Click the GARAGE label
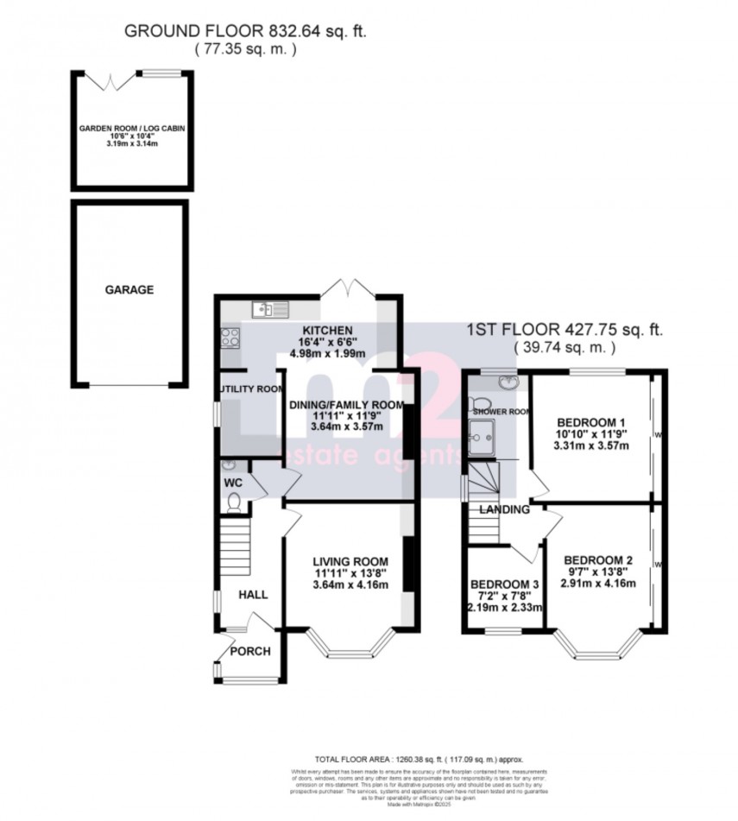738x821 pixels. coord(129,290)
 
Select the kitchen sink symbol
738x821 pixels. coord(263,309)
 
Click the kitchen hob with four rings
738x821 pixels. coord(230,338)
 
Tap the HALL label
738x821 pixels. coord(254,595)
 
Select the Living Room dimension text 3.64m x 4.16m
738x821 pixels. coord(350,585)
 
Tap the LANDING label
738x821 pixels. coord(504,509)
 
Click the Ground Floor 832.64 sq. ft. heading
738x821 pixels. coord(245,31)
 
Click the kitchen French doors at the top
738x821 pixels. coord(344,287)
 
